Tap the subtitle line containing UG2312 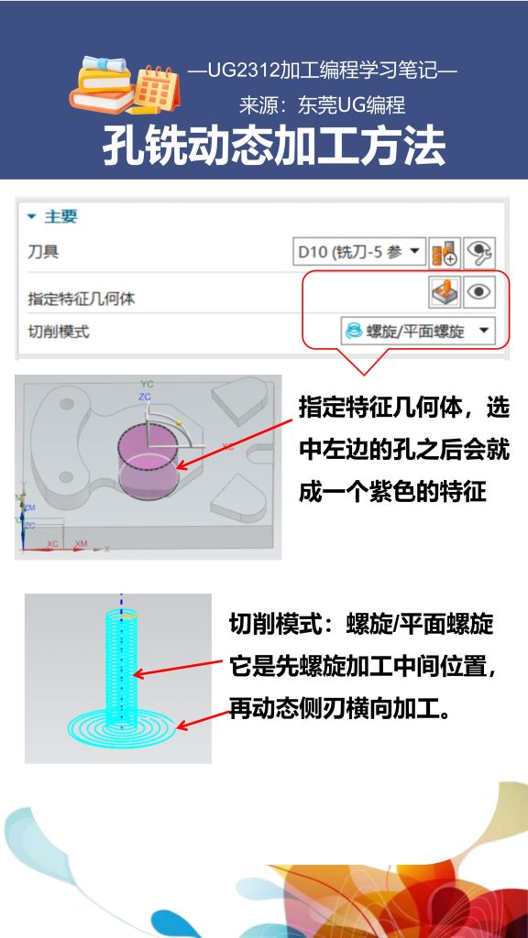tap(322, 71)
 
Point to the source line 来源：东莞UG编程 tap(322, 105)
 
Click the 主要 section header tap(61, 216)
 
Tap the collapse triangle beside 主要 tap(31, 217)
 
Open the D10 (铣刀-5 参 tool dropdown tap(359, 251)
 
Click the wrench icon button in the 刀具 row tap(478, 251)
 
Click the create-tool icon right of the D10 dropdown tap(445, 251)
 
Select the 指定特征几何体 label tap(82, 299)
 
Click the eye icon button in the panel tap(478, 292)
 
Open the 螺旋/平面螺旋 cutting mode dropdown tap(417, 331)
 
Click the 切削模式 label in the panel tap(59, 332)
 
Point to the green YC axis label tap(146, 383)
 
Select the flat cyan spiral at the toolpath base tap(120, 728)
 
